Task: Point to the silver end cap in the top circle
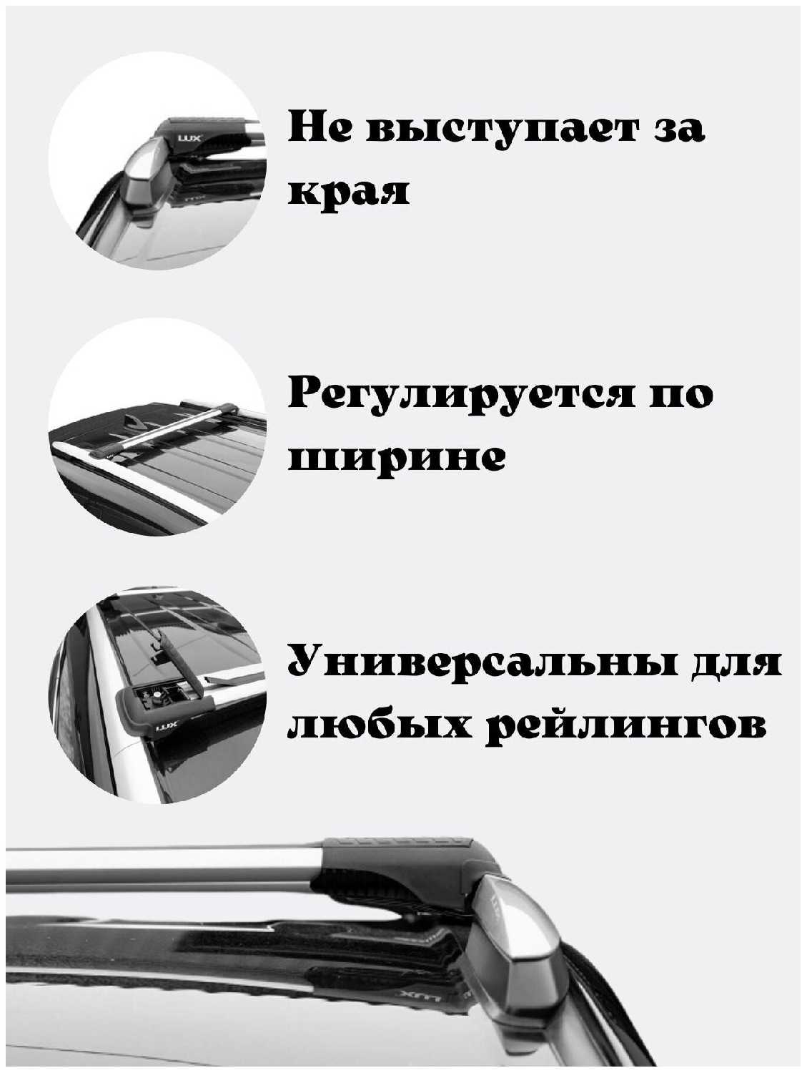point(146,177)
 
